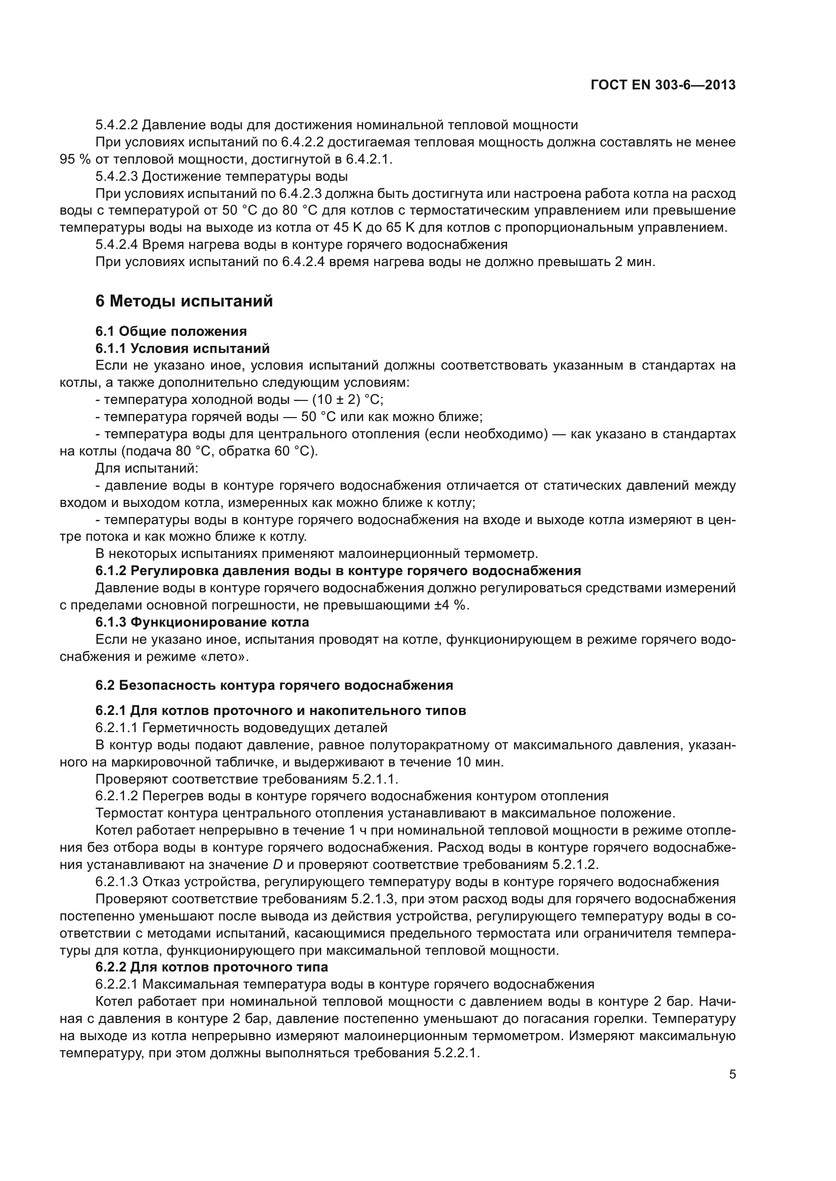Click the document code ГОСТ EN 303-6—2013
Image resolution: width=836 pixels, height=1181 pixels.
tap(663, 85)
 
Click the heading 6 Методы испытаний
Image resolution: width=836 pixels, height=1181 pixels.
tap(184, 301)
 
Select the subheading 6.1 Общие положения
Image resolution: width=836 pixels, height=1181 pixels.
tap(171, 331)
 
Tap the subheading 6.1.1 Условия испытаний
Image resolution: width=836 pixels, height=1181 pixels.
tap(182, 348)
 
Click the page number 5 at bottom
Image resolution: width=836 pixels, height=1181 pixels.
tap(732, 1074)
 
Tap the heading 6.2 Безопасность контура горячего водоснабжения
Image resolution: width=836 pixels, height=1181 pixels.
tap(274, 685)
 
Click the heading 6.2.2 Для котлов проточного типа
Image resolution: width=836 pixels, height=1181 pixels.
tap(212, 967)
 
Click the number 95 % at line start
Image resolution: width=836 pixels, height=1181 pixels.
tap(75, 160)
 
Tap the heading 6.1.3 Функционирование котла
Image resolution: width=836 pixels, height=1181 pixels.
tap(202, 623)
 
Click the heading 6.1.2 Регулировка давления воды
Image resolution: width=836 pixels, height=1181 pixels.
tap(338, 571)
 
